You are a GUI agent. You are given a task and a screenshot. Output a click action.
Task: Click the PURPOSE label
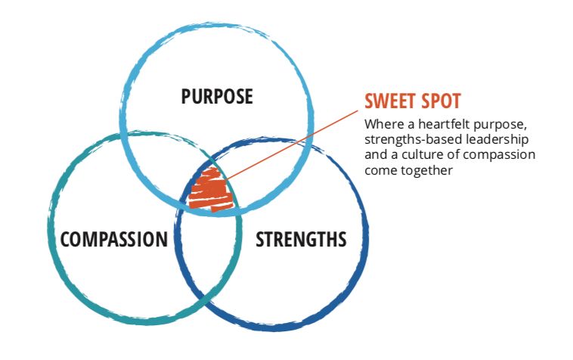pos(217,97)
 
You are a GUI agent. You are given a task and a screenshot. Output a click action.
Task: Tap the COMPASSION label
pos(113,240)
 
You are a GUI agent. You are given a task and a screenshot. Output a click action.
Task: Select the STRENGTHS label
pos(301,240)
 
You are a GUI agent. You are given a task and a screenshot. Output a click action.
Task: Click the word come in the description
pos(379,170)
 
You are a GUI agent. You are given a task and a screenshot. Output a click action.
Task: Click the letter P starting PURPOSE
pos(187,97)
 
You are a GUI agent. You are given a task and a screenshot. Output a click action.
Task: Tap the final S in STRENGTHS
pos(342,240)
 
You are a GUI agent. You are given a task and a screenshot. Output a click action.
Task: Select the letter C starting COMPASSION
pos(66,240)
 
